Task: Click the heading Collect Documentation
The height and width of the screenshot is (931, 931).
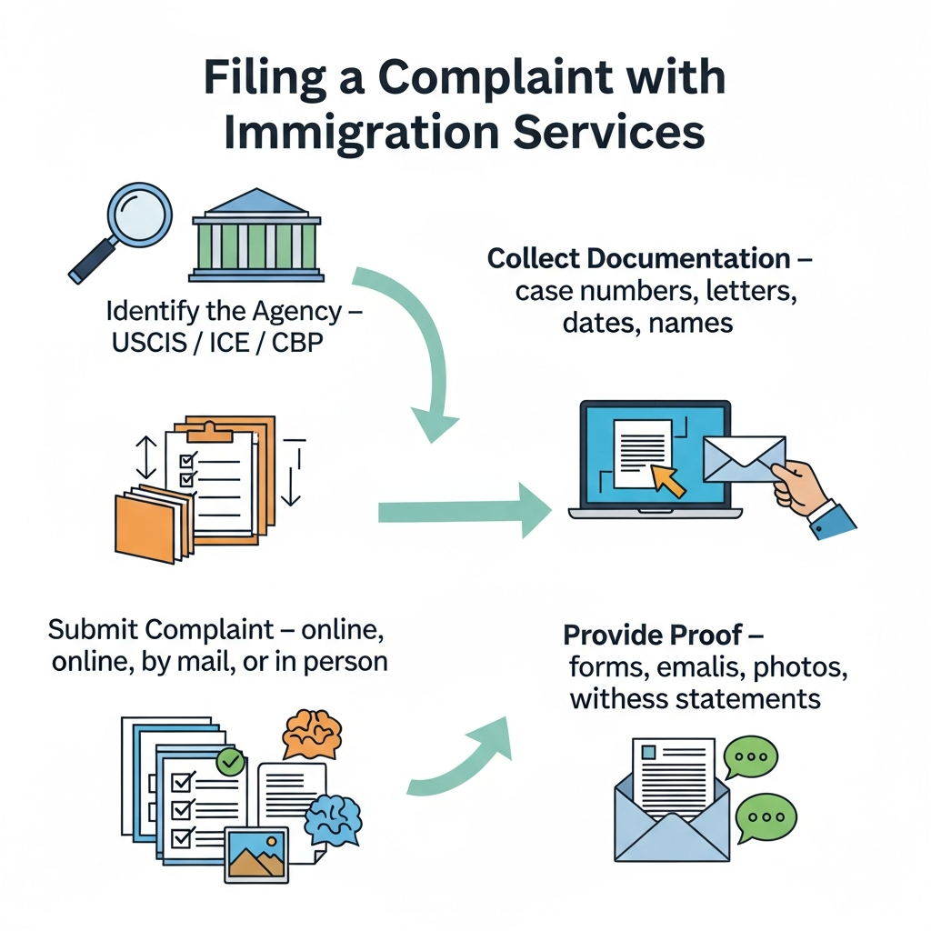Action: tap(639, 258)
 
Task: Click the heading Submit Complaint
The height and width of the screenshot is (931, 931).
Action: tap(159, 629)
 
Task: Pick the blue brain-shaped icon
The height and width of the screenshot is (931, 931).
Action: tap(334, 816)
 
